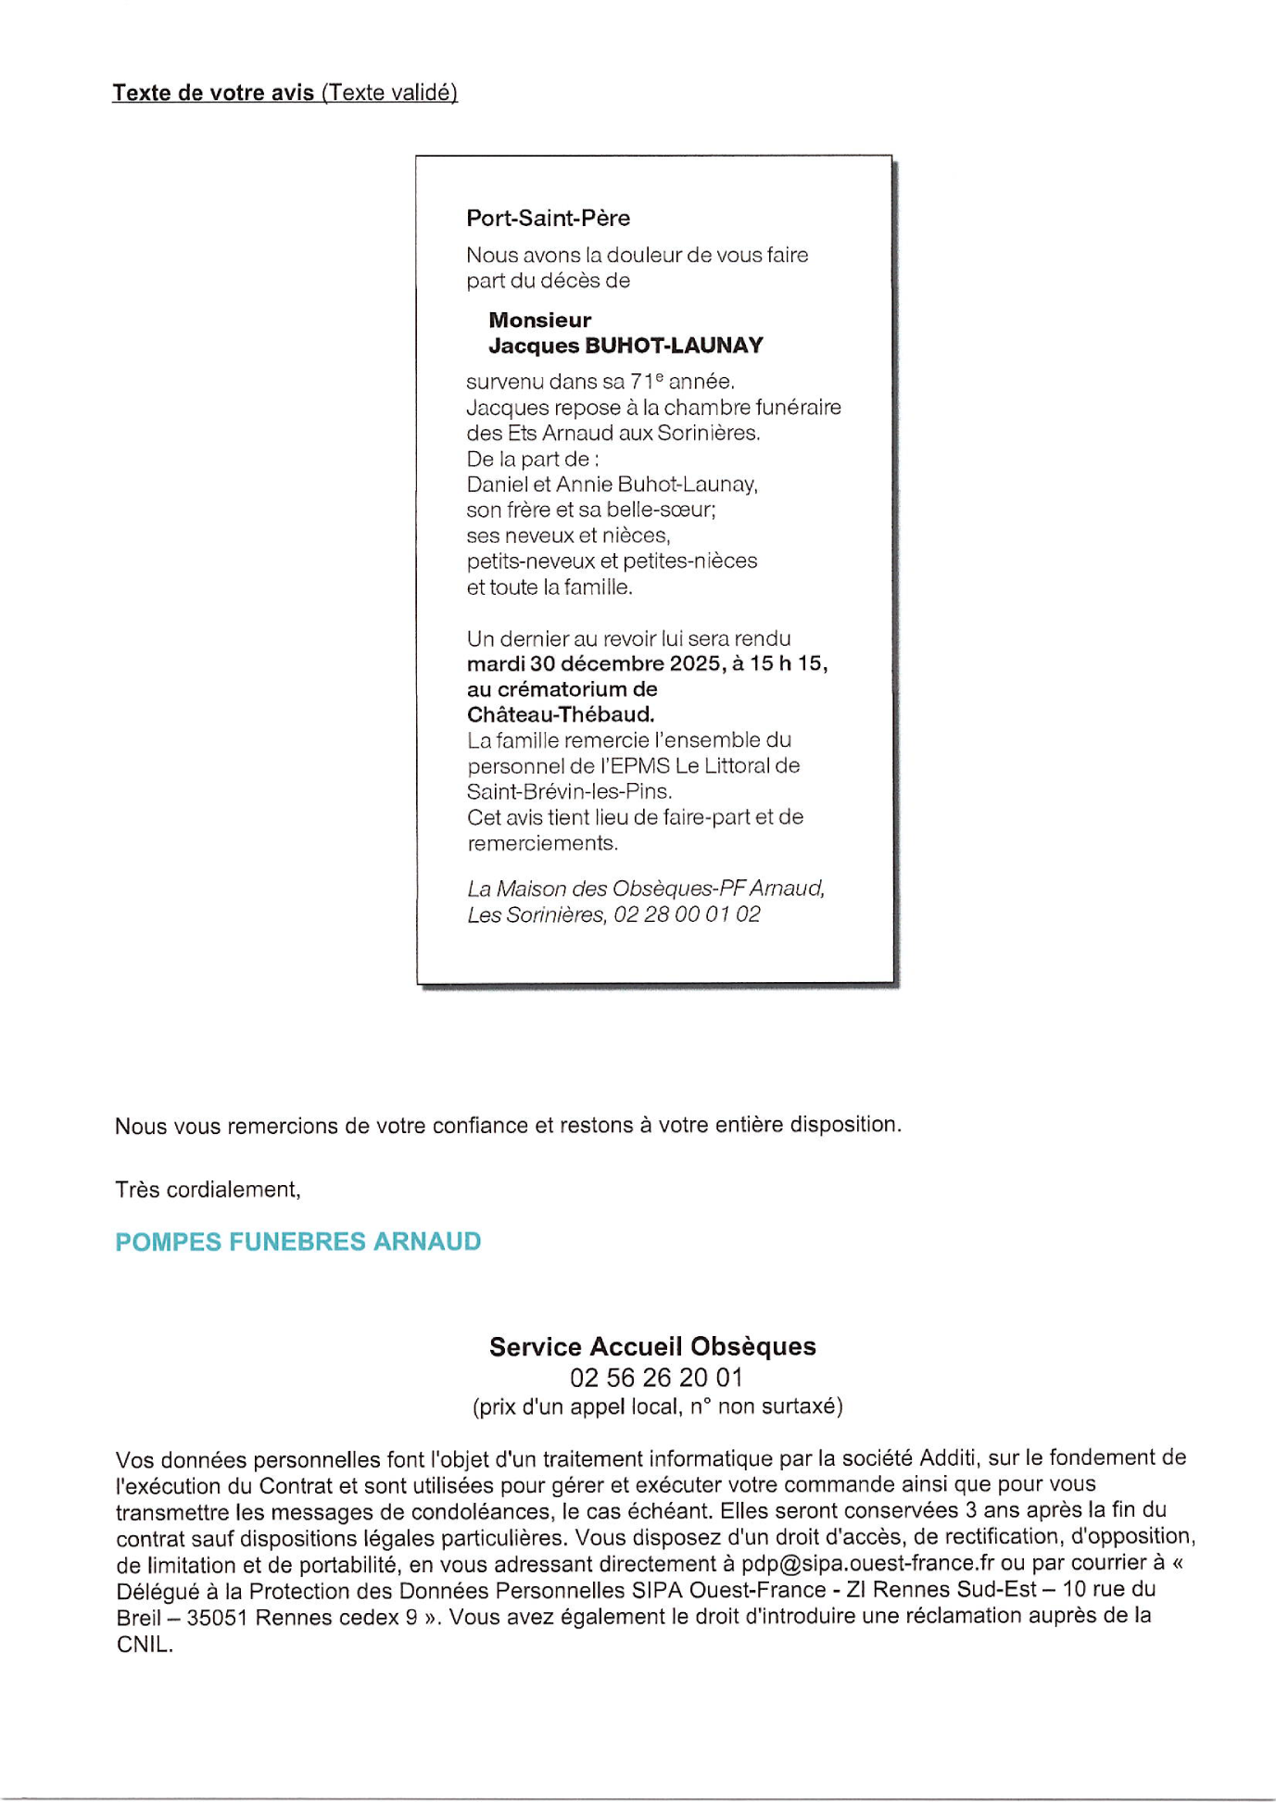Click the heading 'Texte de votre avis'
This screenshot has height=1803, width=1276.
(213, 93)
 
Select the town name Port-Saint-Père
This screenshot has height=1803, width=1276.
(548, 219)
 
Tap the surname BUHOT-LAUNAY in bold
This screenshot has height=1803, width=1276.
(674, 346)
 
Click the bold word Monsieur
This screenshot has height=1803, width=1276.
(539, 321)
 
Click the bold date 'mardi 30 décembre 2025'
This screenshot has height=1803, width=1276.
(591, 664)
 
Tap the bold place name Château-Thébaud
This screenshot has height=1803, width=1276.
(560, 715)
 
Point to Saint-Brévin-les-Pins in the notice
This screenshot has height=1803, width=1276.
(569, 792)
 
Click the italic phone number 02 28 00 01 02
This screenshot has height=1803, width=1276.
(687, 915)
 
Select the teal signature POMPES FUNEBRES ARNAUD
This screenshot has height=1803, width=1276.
(297, 1242)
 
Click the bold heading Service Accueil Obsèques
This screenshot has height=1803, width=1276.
(652, 1347)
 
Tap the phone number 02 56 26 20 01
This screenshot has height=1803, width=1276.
(656, 1379)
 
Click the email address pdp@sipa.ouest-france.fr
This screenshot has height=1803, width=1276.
(867, 1564)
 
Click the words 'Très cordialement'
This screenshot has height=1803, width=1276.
(207, 1190)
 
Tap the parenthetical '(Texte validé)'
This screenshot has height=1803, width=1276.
(389, 93)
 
